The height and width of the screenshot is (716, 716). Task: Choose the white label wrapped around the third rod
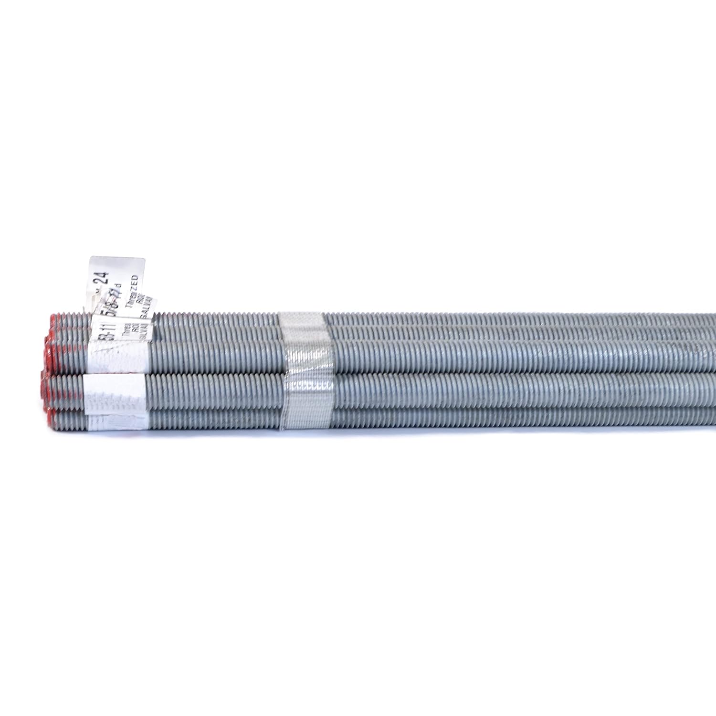(119, 354)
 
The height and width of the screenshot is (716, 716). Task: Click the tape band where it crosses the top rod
(301, 319)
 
